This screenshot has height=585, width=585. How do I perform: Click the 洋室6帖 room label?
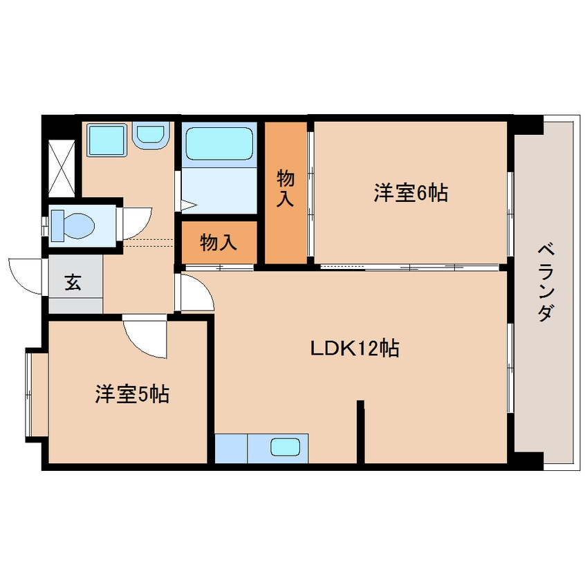pos(411,193)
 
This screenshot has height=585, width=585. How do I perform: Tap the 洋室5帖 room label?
pos(132,394)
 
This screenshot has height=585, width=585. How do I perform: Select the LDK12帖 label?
pos(355,349)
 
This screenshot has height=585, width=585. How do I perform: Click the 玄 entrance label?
pos(73,282)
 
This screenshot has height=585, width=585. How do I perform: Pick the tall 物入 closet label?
pos(286,188)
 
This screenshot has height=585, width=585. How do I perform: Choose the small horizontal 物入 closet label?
pos(219,243)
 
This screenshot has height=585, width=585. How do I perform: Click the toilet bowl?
pos(73,225)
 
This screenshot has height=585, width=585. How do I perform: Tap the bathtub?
pos(219,144)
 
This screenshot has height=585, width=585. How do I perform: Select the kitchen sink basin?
pos(286,447)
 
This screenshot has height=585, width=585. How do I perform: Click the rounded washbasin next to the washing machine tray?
pos(151,135)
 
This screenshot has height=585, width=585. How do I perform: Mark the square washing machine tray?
pos(106,140)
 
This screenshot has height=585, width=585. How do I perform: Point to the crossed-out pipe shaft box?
pos(62,168)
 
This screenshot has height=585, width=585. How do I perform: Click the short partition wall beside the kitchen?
pos(360,431)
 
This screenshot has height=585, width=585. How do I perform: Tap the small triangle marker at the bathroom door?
pos(188,205)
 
